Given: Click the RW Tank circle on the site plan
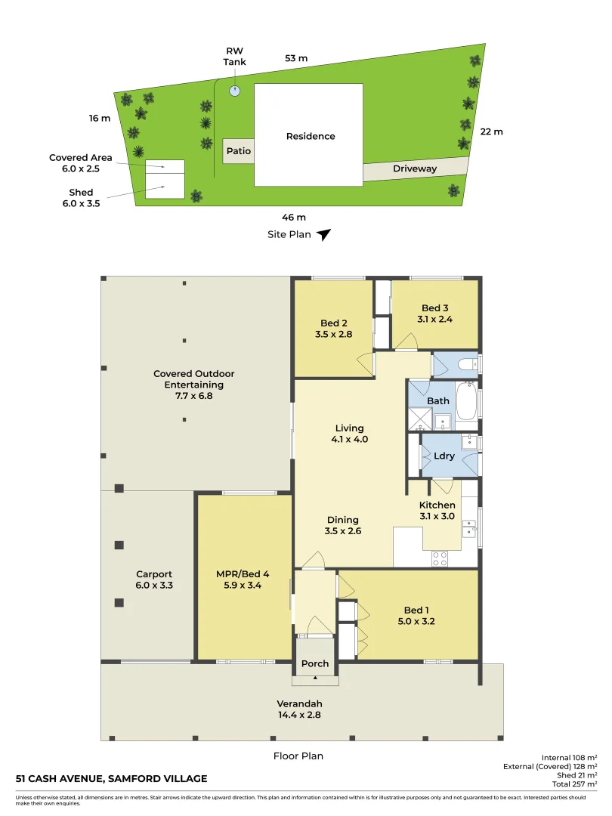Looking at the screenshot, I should (x=235, y=91).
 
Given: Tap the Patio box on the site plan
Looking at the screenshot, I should (x=238, y=150).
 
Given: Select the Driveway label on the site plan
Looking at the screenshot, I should (x=415, y=169).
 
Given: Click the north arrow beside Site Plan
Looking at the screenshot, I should (x=324, y=235).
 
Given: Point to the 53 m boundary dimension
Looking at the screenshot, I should (x=296, y=58).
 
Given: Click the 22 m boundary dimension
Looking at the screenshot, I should (x=491, y=131).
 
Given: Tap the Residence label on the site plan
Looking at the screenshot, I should (x=311, y=137).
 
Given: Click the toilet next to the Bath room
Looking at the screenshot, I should (x=468, y=365).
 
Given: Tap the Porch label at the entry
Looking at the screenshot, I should (x=315, y=664).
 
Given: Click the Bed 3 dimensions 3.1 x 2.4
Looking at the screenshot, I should (x=435, y=319).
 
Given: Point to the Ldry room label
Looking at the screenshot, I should (x=444, y=456).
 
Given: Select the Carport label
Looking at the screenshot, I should (x=154, y=574).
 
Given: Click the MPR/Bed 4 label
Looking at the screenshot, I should (x=243, y=573).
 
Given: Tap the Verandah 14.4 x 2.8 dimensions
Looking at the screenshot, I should (x=298, y=714).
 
